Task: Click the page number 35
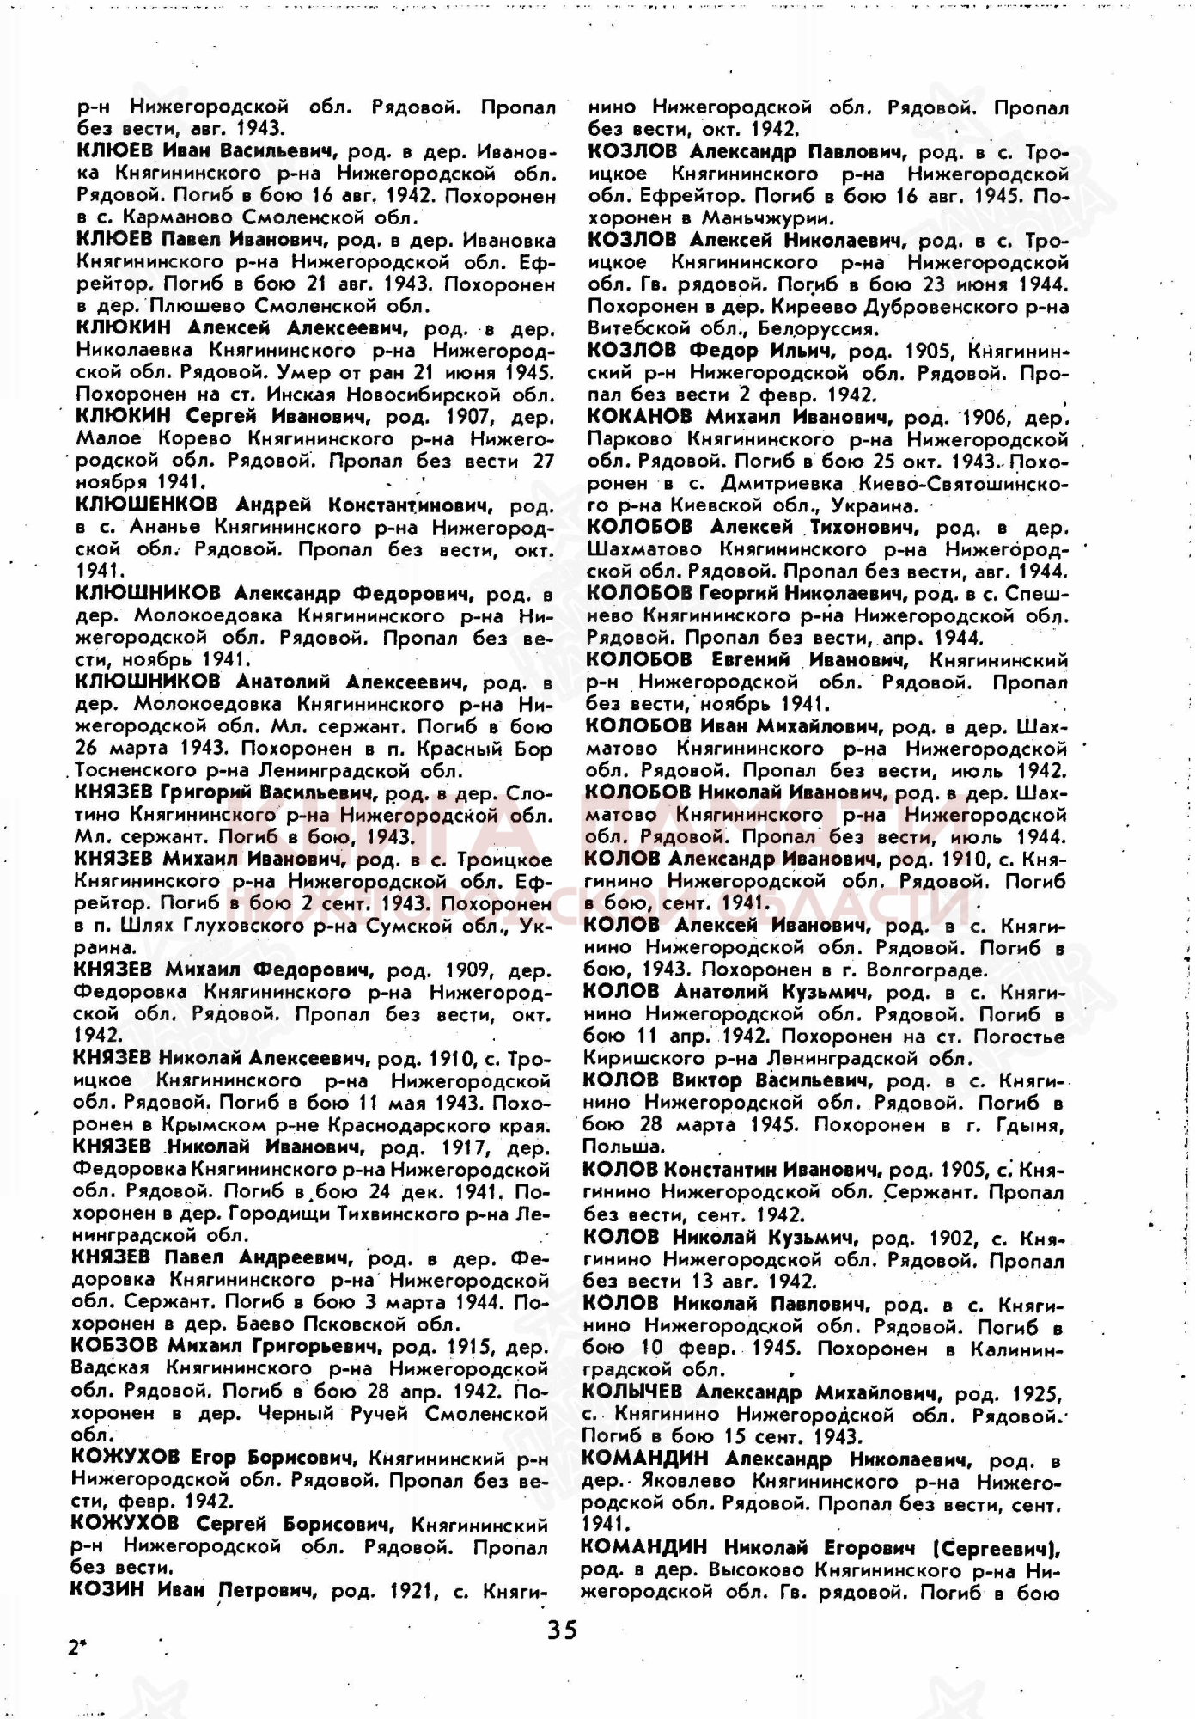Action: pyautogui.click(x=563, y=1630)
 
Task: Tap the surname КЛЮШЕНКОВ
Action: pyautogui.click(x=146, y=504)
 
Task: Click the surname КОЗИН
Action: pyautogui.click(x=108, y=1589)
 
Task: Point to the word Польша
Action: pyautogui.click(x=611, y=1147)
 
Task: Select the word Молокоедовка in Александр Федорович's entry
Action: pyautogui.click(x=210, y=615)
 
